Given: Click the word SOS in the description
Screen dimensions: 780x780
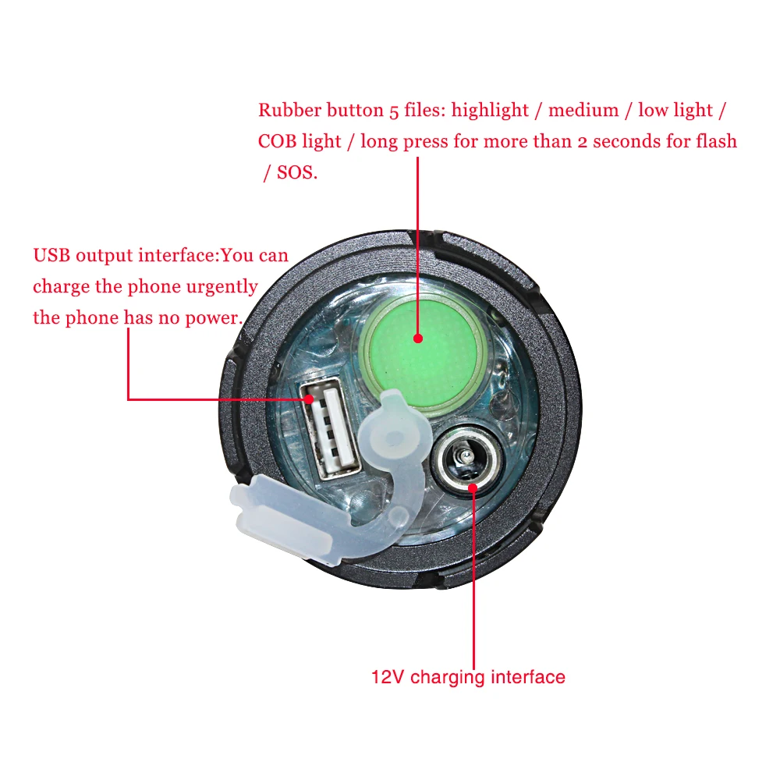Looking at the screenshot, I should coord(297,173).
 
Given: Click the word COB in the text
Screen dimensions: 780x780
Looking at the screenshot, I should coord(277,142).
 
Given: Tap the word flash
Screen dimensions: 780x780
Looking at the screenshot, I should coord(715,142).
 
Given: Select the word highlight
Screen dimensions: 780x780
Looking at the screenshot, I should coord(490,111).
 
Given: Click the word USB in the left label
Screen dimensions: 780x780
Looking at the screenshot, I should coord(51,255).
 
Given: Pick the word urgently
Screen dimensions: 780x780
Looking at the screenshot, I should coord(222,286).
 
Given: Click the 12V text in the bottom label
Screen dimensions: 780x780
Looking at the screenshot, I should coord(388,676).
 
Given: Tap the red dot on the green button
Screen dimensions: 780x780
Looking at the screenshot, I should coord(418,339).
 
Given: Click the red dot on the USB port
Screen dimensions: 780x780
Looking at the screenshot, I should coord(310,399).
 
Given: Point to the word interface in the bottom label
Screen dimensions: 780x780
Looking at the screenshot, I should coord(528,676).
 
